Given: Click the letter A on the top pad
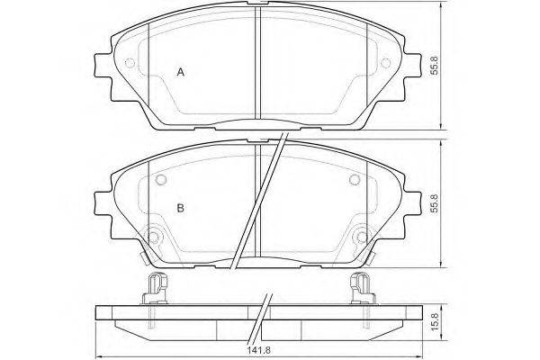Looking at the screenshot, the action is click(181, 72).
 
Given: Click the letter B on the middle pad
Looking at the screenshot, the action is click(181, 208).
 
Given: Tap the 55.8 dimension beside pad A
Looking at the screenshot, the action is click(435, 66).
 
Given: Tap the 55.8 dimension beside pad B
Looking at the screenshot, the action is click(435, 203).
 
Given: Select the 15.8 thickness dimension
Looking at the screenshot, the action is click(435, 322).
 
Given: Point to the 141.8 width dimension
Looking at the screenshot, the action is click(259, 350).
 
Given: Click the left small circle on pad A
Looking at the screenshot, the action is click(130, 63).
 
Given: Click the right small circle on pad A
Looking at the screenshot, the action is click(386, 63).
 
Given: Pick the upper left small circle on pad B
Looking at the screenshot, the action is click(161, 179).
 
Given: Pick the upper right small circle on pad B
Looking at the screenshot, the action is click(355, 179).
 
